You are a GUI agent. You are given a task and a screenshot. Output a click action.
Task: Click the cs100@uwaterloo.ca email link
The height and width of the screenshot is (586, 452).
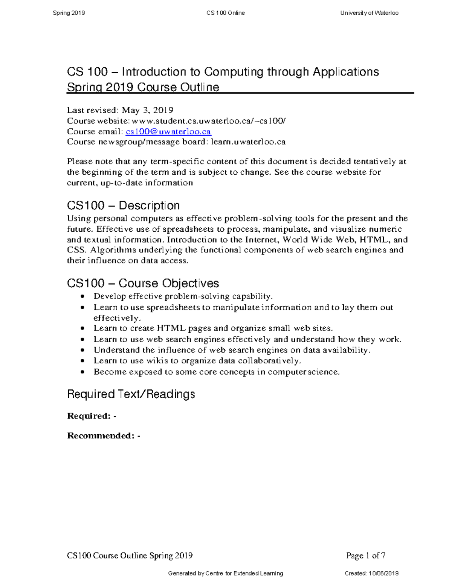tap(168, 132)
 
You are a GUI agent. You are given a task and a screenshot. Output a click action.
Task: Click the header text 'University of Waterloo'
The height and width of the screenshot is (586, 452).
tap(369, 13)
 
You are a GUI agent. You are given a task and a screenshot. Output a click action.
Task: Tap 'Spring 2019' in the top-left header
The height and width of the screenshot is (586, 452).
tap(69, 13)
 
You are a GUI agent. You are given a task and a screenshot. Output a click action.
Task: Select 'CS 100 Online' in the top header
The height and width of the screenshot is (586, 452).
tap(226, 13)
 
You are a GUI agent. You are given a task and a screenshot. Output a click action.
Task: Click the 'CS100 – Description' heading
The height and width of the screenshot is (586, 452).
tap(123, 206)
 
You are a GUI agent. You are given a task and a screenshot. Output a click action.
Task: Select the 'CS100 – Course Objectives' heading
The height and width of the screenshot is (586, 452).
tap(143, 283)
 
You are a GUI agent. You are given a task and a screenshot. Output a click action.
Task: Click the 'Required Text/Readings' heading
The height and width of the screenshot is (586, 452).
tap(131, 394)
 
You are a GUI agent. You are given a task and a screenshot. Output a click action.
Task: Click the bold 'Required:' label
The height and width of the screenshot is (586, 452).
tap(89, 416)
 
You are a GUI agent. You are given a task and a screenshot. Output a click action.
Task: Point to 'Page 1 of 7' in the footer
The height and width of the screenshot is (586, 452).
tap(365, 555)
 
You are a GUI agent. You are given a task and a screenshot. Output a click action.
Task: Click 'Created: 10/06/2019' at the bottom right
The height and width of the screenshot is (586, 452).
tap(371, 574)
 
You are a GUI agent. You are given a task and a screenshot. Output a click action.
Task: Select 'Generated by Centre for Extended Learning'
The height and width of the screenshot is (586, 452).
tap(226, 574)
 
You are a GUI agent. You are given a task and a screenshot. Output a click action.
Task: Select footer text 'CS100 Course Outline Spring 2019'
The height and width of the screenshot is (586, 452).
tap(130, 555)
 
